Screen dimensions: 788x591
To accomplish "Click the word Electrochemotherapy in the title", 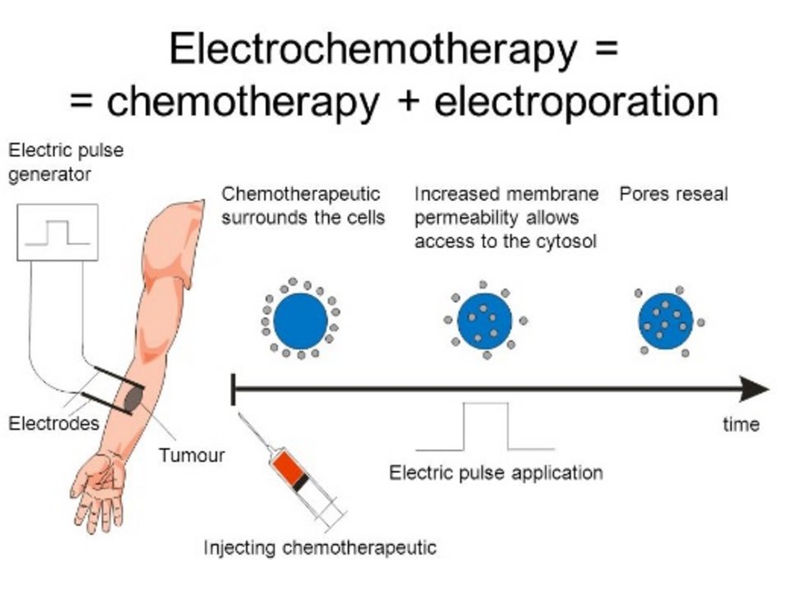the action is (373, 49).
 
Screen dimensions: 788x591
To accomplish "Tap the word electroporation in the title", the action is (576, 101).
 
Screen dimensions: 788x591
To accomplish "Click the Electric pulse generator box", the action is (58, 232).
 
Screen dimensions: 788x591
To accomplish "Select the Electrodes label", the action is (54, 423).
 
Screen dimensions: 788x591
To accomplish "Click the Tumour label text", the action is (191, 455).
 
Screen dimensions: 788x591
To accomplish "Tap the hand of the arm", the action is (99, 490).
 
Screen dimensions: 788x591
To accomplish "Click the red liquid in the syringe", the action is (288, 468).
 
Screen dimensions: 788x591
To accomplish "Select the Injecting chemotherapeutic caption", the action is (320, 547).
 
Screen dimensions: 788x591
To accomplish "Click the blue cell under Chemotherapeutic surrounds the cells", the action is (301, 321).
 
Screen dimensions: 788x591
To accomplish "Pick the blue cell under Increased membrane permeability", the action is (485, 321).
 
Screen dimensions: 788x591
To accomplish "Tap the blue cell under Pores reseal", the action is (666, 321).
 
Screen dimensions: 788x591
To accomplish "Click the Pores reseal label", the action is (673, 194).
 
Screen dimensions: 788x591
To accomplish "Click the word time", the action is (741, 424).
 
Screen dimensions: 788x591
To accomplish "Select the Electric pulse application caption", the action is (496, 473).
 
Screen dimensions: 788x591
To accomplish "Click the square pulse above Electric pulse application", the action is (485, 403).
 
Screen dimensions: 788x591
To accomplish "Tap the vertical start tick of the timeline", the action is (233, 389).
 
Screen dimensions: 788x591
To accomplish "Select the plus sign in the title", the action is (410, 101).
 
